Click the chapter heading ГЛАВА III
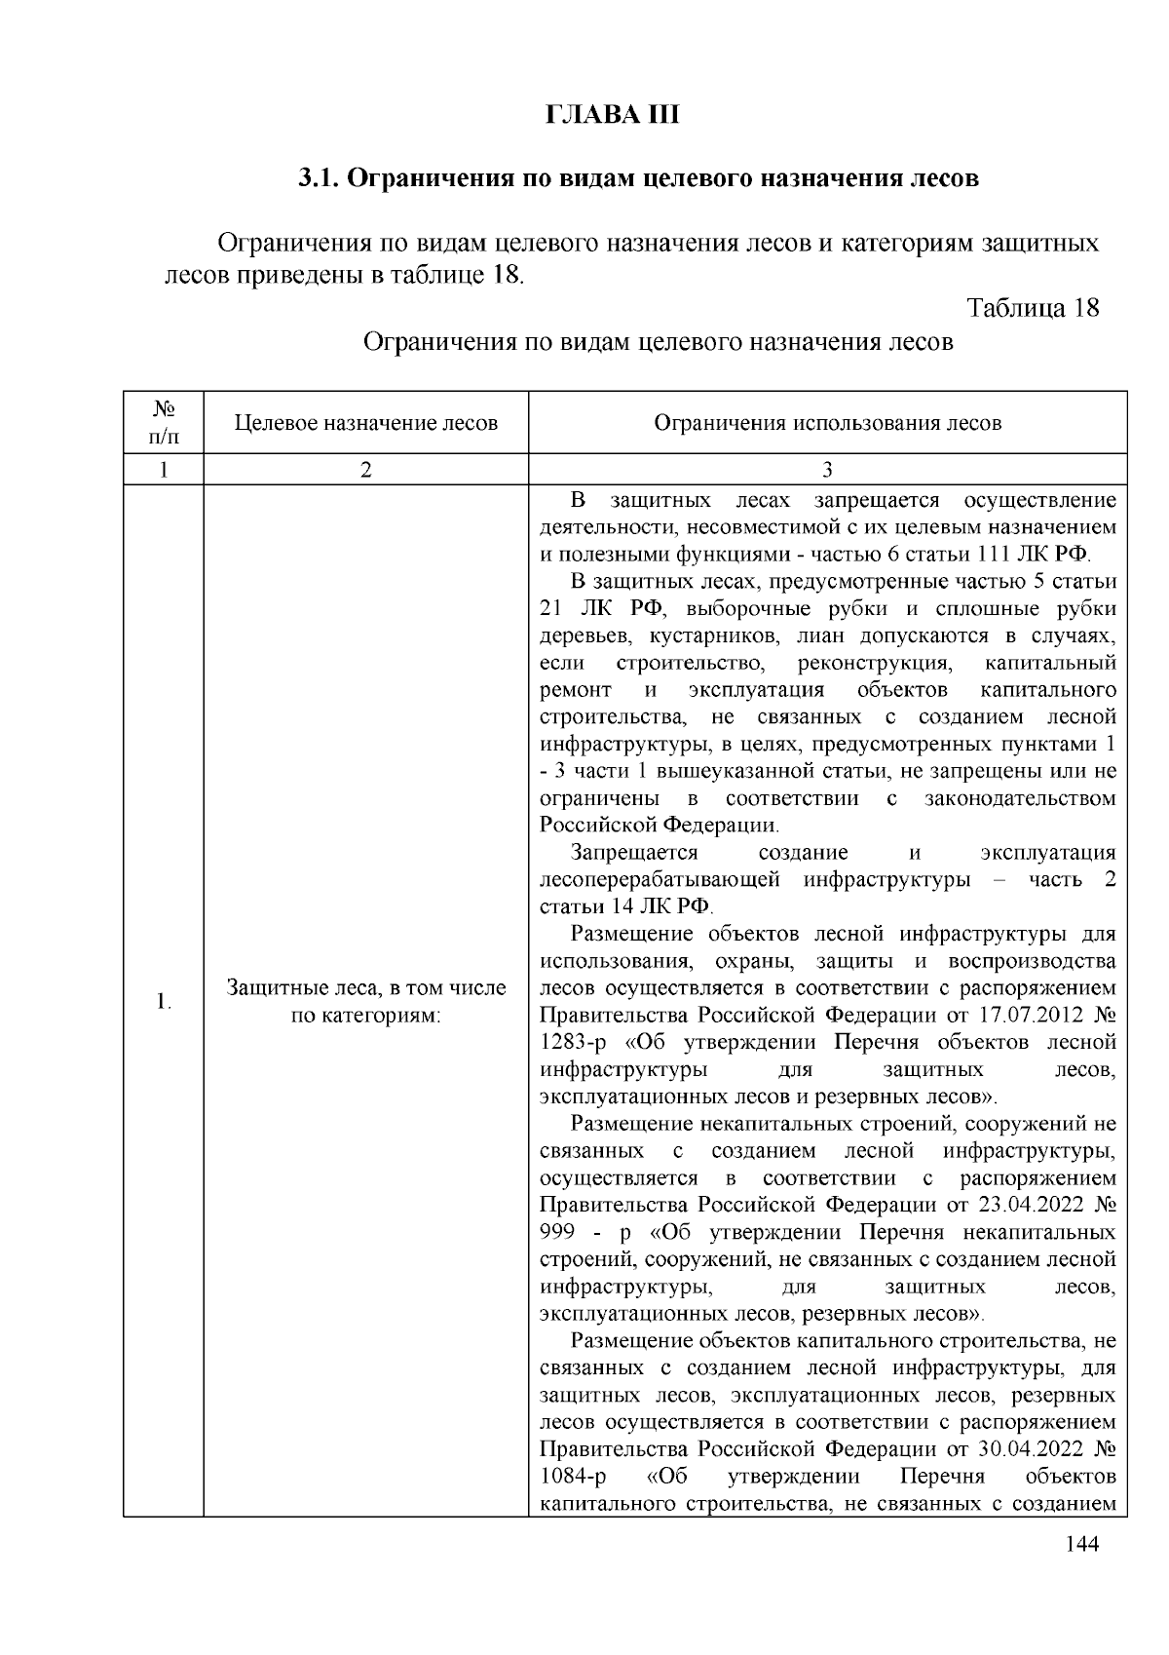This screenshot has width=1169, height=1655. (611, 115)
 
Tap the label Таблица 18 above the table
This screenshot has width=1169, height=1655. (1033, 308)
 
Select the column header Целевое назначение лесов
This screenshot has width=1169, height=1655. (366, 423)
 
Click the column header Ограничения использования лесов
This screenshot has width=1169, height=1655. (827, 423)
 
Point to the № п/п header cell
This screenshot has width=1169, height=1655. (164, 423)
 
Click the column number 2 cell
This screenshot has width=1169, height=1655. (365, 470)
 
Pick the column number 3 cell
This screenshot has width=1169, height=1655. (827, 470)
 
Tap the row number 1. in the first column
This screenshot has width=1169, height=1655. (164, 1001)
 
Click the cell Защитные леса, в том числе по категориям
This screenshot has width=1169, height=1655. (366, 1001)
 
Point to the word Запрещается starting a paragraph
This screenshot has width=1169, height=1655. (634, 853)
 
